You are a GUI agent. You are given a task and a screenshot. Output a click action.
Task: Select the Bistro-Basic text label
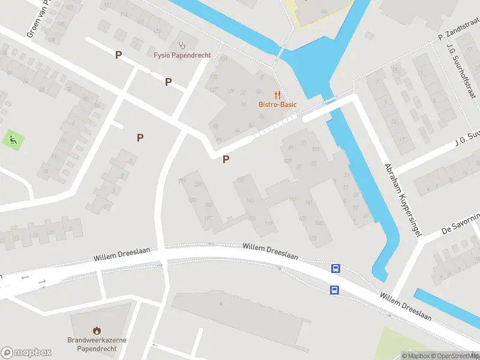[278, 104]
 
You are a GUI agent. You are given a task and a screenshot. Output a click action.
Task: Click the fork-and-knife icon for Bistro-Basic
[277, 94]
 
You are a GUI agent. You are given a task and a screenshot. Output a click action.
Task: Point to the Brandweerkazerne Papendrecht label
[97, 344]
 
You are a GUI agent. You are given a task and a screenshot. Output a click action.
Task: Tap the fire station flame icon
[97, 330]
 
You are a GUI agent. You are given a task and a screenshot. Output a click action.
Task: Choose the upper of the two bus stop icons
[335, 269]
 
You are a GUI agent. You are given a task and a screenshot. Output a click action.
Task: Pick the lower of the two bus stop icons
[334, 290]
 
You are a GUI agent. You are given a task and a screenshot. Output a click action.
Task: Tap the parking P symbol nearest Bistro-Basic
[226, 159]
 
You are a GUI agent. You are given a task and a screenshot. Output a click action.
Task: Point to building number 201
[199, 184]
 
